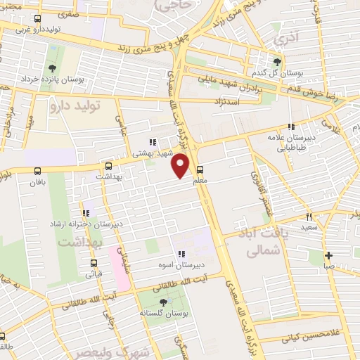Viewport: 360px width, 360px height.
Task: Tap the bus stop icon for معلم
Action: pyautogui.click(x=200, y=169)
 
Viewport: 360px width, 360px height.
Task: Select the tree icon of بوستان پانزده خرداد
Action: pyautogui.click(x=52, y=68)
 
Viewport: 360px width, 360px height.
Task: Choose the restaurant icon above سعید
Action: pyautogui.click(x=309, y=217)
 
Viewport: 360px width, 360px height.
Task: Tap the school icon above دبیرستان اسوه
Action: pyautogui.click(x=181, y=254)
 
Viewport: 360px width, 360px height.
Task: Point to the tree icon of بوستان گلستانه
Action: pyautogui.click(x=163, y=302)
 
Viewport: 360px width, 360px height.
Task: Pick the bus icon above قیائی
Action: pyautogui.click(x=93, y=264)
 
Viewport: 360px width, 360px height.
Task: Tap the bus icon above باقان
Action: pyautogui.click(x=37, y=170)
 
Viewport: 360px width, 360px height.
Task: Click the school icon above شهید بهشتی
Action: pyautogui.click(x=152, y=142)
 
